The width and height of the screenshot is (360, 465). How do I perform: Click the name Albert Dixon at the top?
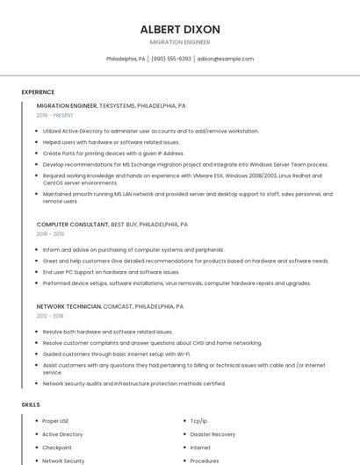pos(180,29)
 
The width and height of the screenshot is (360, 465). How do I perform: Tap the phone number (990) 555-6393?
pos(170,59)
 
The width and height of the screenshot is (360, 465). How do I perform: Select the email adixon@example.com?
pos(225,59)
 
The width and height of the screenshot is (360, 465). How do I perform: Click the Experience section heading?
pos(38,92)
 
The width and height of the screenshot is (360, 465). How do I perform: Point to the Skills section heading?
pos(31,404)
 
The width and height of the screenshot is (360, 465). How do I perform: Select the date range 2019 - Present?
pos(55,115)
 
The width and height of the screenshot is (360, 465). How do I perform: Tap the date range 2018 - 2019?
pos(50,234)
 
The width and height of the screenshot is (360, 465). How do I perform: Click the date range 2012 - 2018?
pos(50,316)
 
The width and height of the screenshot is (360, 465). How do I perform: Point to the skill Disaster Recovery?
pos(212,434)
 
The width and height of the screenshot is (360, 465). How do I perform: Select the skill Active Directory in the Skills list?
pos(62,434)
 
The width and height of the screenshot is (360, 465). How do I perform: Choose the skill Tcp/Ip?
pos(199,421)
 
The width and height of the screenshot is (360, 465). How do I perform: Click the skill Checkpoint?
pos(57,447)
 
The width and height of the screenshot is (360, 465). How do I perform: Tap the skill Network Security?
pos(63,461)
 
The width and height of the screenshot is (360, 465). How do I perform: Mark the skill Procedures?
pos(205,461)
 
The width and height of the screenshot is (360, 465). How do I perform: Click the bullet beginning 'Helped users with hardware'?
pos(111,142)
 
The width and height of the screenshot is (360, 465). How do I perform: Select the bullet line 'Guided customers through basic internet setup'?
pos(116,354)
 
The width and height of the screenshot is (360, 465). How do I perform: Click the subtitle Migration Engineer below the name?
pos(180,41)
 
